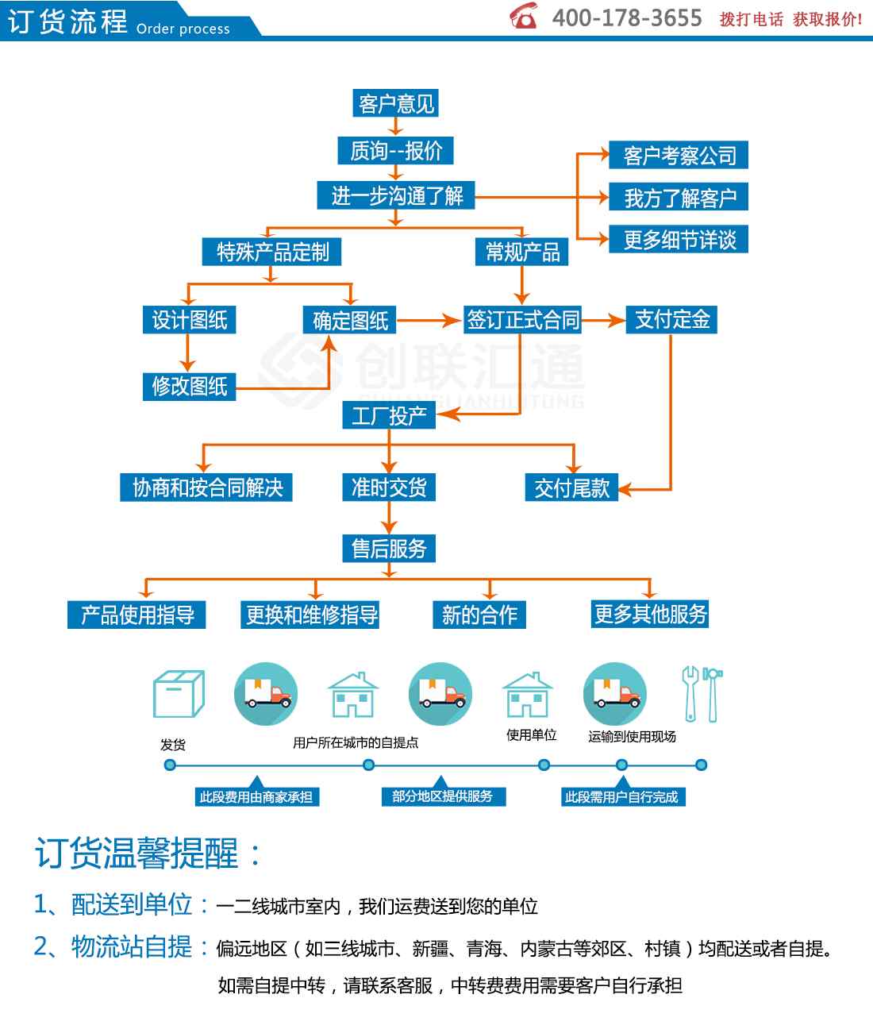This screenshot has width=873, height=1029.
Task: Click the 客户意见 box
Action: click(395, 103)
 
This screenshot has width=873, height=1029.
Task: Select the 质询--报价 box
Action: click(395, 150)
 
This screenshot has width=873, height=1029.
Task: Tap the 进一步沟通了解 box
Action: click(396, 195)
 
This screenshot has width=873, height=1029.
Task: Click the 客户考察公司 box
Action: click(679, 155)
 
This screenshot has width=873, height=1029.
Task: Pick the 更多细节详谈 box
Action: click(679, 240)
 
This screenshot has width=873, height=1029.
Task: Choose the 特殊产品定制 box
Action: click(271, 252)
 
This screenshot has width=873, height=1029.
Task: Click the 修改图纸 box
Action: click(189, 387)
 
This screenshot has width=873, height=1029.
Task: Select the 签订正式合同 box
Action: click(522, 320)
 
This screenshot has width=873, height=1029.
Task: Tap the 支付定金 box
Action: click(671, 320)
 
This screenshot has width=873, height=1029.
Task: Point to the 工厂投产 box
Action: click(389, 414)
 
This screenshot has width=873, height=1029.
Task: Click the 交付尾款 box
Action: click(571, 487)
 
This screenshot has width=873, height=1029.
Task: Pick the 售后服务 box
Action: click(389, 548)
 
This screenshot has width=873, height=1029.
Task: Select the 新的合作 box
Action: click(479, 615)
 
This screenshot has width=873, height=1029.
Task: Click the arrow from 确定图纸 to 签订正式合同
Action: click(429, 320)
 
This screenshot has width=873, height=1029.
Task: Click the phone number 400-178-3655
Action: click(627, 18)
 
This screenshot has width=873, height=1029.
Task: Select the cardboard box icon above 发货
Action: click(179, 693)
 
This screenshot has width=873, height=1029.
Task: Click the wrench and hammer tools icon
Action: click(702, 694)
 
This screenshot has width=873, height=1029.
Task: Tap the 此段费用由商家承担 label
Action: click(256, 797)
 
